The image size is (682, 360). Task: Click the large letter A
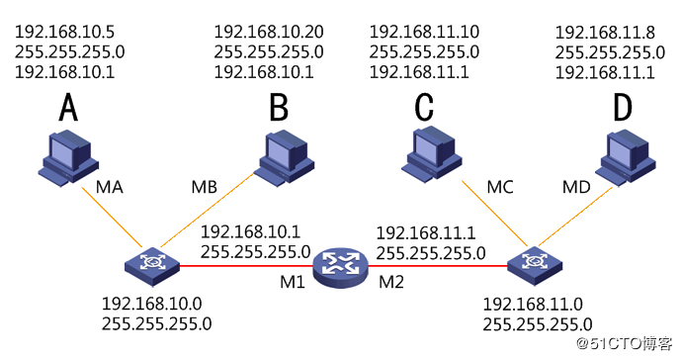(68, 107)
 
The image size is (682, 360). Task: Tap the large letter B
(279, 108)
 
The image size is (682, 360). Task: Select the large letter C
(424, 107)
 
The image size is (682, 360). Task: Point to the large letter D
(623, 108)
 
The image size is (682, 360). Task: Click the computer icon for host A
(69, 160)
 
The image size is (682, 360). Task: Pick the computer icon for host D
(626, 156)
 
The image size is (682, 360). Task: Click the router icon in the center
(341, 267)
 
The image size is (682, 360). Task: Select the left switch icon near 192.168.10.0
(152, 265)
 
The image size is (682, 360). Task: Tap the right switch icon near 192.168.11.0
(535, 264)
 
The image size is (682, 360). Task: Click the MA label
(110, 187)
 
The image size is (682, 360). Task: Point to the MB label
(204, 187)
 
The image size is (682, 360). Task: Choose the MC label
(500, 187)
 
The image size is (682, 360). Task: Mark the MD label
(577, 187)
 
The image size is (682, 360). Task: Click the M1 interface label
(293, 282)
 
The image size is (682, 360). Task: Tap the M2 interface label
(391, 282)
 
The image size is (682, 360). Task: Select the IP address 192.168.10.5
(65, 32)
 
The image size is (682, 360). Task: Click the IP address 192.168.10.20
(269, 32)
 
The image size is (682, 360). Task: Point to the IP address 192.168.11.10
(424, 32)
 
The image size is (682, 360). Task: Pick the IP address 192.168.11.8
(605, 33)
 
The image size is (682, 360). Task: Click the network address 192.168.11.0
(533, 305)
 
